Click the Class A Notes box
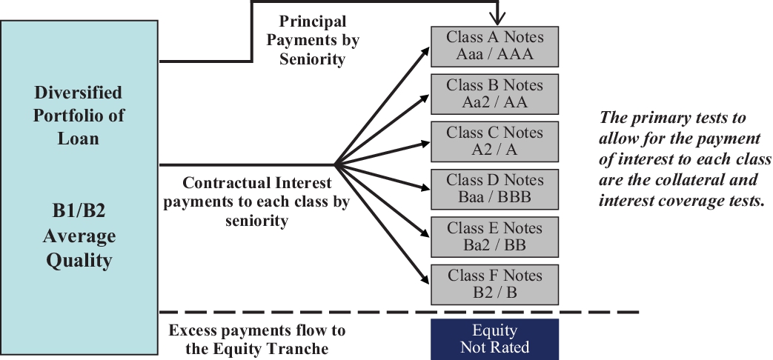[x=494, y=45]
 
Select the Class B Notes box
[x=494, y=93]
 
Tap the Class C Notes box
[x=494, y=141]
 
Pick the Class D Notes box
[x=494, y=189]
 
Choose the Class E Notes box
[x=494, y=236]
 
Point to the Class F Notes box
[x=494, y=284]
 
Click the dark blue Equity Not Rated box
[x=494, y=339]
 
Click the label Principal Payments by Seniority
[x=312, y=41]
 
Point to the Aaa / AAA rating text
[x=494, y=54]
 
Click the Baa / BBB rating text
[x=494, y=198]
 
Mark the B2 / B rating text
[x=494, y=293]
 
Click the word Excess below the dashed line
[x=194, y=330]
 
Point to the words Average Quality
[x=79, y=249]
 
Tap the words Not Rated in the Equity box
[x=494, y=347]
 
